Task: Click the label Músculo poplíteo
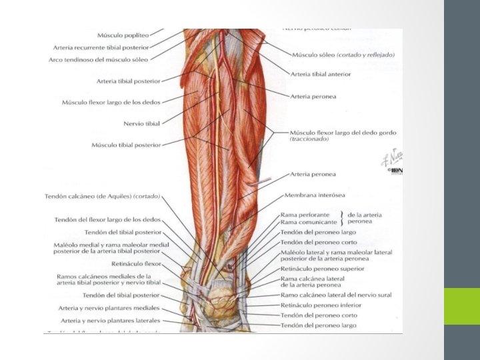122,35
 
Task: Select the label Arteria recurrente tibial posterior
101,47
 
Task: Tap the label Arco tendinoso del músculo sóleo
99,59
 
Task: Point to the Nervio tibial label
141,123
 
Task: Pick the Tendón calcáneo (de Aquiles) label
107,196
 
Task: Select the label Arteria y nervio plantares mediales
109,308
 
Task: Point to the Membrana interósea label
315,195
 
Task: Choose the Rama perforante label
305,215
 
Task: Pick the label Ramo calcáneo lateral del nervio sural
336,295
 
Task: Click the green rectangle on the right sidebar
461,306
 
